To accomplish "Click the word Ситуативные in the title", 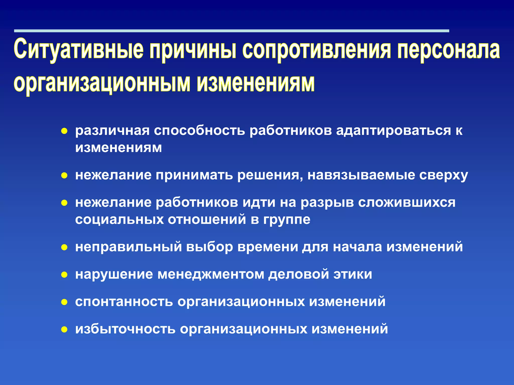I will click(x=78, y=49).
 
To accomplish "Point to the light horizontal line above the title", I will click(x=231, y=31).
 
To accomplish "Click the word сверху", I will click(x=443, y=175).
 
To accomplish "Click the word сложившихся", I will click(x=407, y=203).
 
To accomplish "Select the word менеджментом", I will click(x=211, y=274).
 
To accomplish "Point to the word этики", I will click(x=353, y=274).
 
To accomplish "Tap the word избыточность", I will click(x=125, y=329).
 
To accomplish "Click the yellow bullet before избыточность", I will click(x=65, y=329).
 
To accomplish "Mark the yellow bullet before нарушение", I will click(x=65, y=275).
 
